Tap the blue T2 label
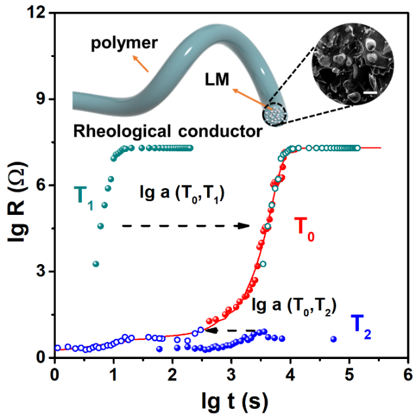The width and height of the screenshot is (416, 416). click(360, 326)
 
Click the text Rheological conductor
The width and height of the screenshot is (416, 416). click(168, 132)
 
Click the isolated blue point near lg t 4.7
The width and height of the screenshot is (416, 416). click(333, 339)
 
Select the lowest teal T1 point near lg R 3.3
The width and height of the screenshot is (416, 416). click(96, 264)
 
